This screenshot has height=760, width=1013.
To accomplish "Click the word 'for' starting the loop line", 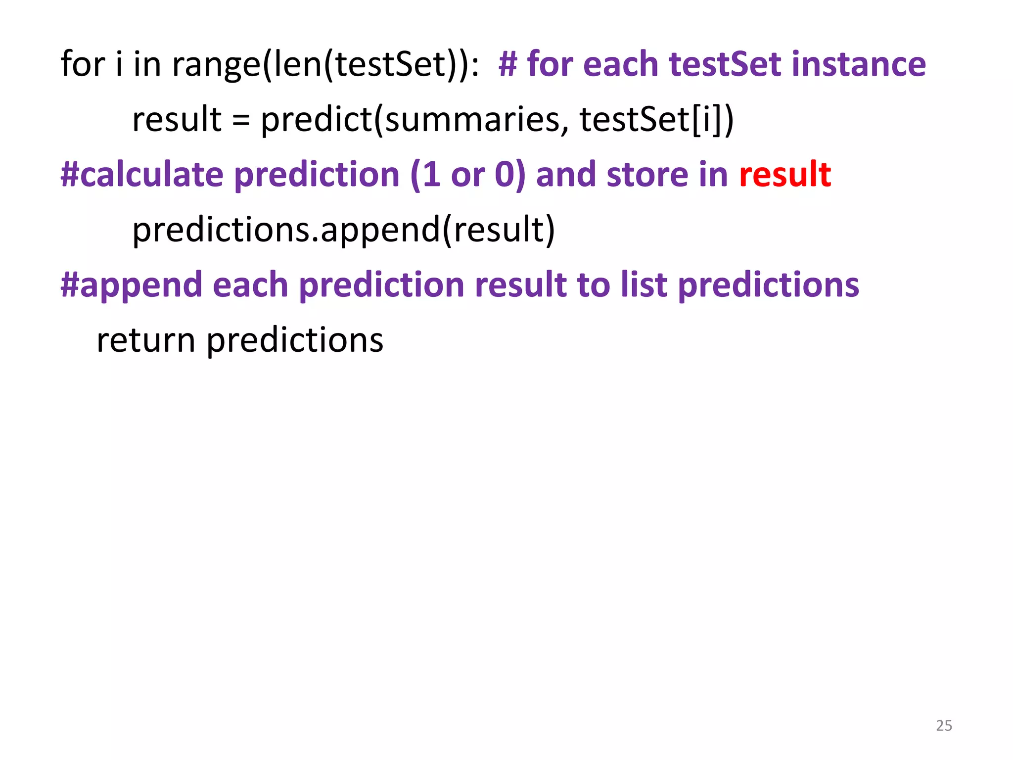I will [x=83, y=64].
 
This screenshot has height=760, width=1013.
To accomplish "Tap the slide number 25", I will [x=944, y=725].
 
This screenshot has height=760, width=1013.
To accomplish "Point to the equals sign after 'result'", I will [x=241, y=120].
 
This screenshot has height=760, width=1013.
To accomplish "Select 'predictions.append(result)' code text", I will [x=344, y=230].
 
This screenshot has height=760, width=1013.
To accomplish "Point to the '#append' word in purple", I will [x=132, y=286].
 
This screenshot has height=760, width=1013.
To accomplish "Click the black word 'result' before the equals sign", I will [x=177, y=120].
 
